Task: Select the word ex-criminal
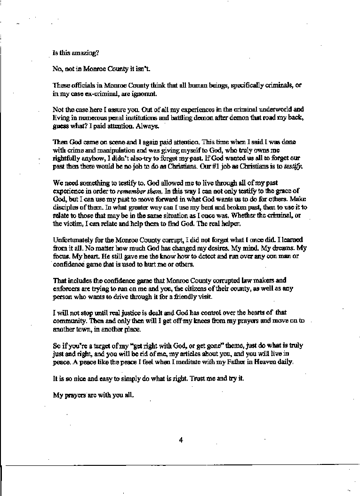click(99, 93)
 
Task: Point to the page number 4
click(181, 440)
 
